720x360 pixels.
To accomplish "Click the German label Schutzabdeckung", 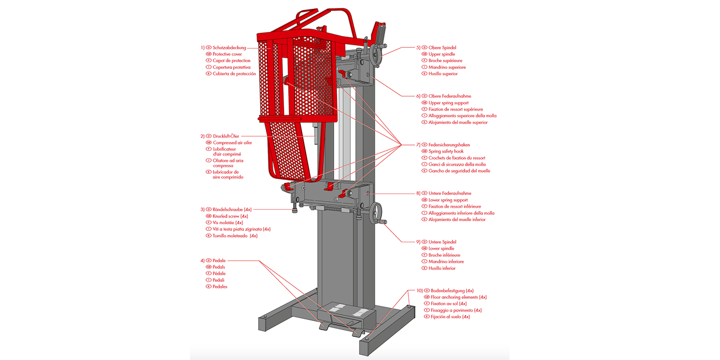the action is point(229,47).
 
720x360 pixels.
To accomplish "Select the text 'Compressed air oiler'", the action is point(232,143).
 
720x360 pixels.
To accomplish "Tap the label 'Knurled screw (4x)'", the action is point(230,216).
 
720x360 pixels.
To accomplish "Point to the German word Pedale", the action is point(219,260).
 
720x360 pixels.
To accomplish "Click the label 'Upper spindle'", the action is point(442,54).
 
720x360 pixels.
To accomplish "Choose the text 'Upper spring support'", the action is point(448,103).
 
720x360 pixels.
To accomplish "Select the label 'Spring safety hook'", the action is point(446,151).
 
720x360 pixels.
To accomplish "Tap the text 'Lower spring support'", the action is point(448,200).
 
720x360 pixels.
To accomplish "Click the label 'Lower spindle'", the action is point(441,248).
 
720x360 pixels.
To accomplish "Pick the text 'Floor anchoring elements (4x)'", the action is point(459,297).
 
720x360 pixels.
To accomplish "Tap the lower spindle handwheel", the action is point(376,213).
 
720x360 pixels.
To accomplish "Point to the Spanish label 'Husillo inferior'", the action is point(442,268).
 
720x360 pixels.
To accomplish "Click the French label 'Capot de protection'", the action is point(231,61).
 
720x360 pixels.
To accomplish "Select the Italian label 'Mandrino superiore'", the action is point(447,67).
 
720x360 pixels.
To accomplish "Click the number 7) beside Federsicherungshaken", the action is point(418,145).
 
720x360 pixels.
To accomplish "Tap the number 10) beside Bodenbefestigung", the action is point(420,291).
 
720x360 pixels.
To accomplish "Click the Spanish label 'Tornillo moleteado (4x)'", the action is point(235,236).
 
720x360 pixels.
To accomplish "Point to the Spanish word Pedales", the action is point(220,286).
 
